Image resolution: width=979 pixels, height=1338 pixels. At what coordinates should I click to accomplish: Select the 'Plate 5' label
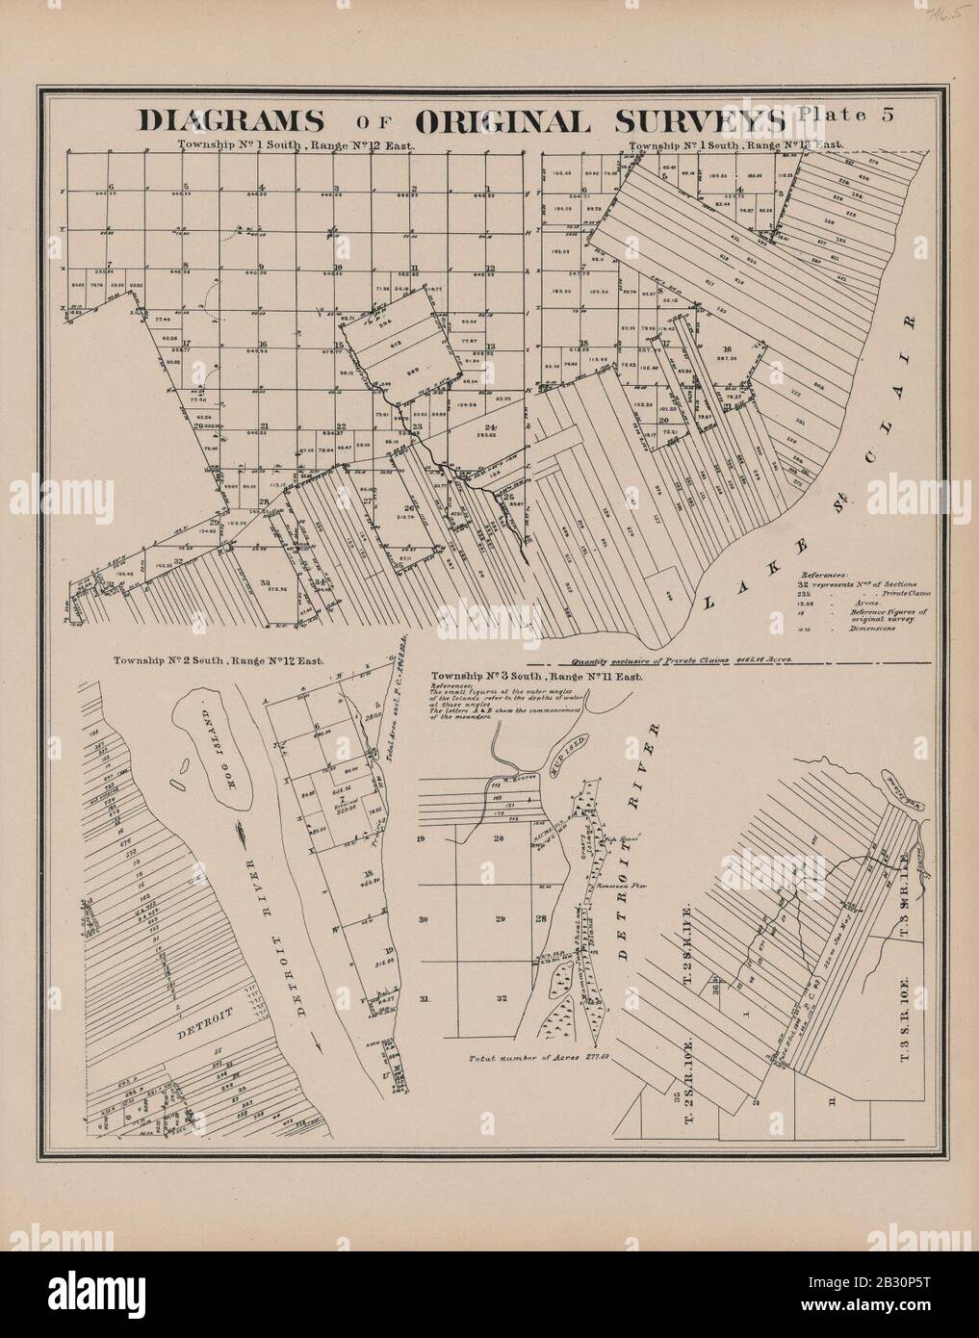tap(846, 115)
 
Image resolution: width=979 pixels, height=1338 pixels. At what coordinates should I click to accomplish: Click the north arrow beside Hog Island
tap(243, 827)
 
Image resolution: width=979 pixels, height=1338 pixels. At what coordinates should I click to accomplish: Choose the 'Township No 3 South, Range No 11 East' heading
tap(542, 676)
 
